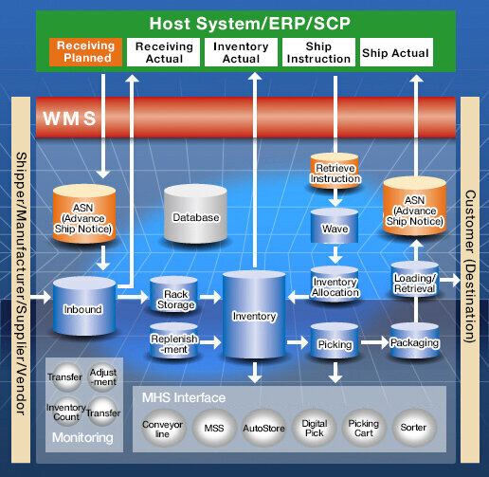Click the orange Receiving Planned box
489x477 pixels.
tap(86, 52)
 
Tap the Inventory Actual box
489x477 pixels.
tap(241, 52)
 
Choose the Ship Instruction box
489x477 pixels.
tap(319, 52)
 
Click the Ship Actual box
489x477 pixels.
tap(396, 53)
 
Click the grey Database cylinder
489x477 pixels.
tap(195, 217)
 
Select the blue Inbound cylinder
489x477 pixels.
tap(84, 307)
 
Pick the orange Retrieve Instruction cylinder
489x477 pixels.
tap(335, 174)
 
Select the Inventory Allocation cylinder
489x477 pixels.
tap(335, 286)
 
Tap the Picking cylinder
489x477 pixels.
tap(335, 343)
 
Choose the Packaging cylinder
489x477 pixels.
tap(413, 342)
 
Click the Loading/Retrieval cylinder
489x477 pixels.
tap(413, 283)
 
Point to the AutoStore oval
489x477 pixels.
tap(263, 429)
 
